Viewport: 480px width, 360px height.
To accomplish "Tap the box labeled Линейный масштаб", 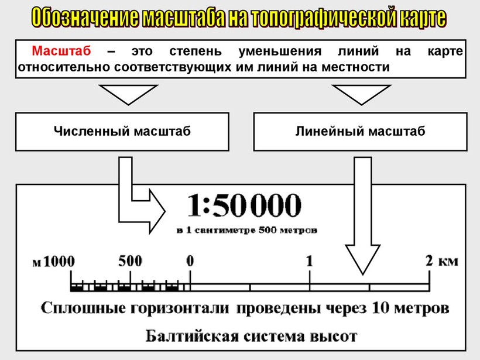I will tap(360, 132).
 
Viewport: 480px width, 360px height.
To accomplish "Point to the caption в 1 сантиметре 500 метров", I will tap(247, 231).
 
